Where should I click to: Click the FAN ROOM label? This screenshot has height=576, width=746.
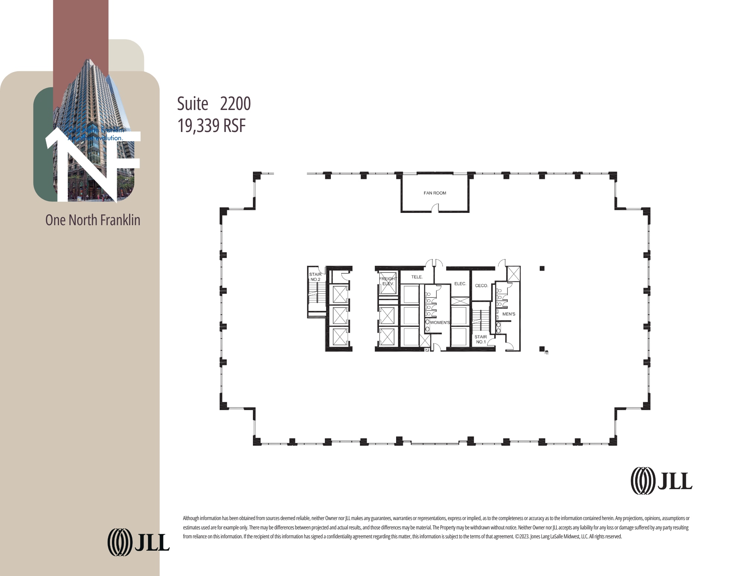(x=435, y=193)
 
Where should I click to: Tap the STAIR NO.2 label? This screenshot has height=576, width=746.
(x=315, y=277)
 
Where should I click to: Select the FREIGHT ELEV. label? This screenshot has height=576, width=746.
(x=388, y=281)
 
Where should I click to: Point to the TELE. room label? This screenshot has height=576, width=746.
(x=417, y=277)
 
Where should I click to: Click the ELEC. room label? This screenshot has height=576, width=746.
(x=460, y=284)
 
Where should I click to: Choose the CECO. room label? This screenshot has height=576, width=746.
(x=481, y=286)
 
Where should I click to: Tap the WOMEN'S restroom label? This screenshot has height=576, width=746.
(x=440, y=322)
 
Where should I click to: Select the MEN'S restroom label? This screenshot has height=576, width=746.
(x=508, y=314)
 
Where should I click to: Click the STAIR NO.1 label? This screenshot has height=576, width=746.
(x=480, y=339)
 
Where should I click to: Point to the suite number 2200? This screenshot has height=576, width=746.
(x=235, y=104)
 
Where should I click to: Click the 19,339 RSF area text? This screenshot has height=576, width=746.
(x=211, y=126)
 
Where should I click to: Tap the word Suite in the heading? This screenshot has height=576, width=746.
(x=192, y=104)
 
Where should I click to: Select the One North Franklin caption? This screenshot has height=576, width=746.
(x=93, y=220)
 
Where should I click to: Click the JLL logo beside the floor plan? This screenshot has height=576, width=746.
(x=661, y=481)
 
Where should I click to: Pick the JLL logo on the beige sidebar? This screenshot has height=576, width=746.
(x=138, y=542)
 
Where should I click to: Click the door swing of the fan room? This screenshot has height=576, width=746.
(x=435, y=208)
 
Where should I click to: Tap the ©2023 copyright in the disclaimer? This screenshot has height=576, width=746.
(x=522, y=536)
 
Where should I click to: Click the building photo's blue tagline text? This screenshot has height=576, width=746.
(x=96, y=134)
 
